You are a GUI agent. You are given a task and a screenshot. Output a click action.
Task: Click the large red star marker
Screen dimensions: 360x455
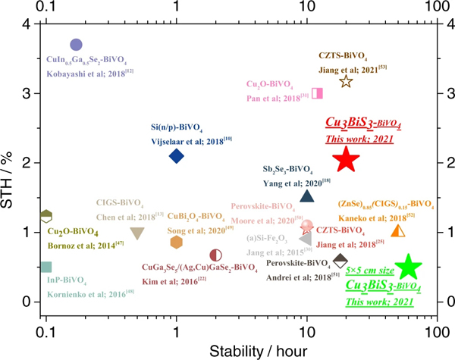[346, 159]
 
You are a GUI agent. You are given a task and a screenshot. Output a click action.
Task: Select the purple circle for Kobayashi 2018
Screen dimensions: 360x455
[76, 45]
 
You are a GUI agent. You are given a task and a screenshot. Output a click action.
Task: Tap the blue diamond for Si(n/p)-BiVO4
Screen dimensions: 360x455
[176, 156]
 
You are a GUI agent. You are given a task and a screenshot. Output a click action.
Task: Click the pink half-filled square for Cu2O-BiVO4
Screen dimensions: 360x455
[318, 93]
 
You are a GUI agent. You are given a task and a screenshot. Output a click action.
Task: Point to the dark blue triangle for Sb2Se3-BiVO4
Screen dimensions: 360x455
[307, 196]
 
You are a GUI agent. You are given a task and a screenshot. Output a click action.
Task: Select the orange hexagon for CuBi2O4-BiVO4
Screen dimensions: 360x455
[176, 242]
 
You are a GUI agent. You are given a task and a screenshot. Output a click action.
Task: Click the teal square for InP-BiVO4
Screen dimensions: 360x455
[46, 267]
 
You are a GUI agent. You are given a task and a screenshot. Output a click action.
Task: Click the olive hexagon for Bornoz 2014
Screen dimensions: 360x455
[46, 216]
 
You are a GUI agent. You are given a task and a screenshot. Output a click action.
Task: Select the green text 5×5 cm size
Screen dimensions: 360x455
[374, 270]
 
